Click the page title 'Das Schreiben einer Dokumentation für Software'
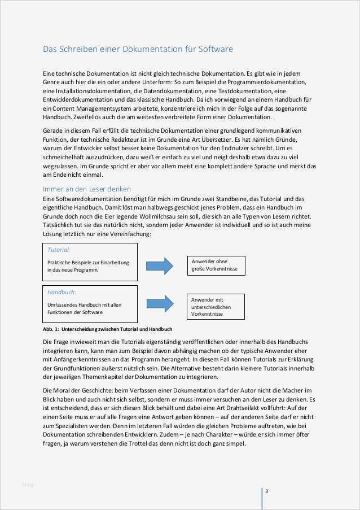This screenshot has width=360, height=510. [138, 49]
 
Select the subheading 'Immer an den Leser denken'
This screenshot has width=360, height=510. [87, 189]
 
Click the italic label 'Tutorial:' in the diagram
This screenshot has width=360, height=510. [59, 249]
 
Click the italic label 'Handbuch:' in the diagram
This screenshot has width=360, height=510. [62, 292]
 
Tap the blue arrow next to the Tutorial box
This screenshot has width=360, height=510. [159, 265]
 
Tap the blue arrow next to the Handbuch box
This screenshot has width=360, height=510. [159, 303]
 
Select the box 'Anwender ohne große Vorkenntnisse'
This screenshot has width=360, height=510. [216, 265]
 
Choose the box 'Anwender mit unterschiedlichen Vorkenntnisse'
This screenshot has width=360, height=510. [216, 307]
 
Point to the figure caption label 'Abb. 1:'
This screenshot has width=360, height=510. [52, 329]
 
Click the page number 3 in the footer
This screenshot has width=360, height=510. [266, 491]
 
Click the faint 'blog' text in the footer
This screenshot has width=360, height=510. [28, 484]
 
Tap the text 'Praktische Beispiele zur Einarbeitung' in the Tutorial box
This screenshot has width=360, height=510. [88, 262]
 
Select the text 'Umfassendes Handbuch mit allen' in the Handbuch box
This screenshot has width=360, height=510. [84, 304]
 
